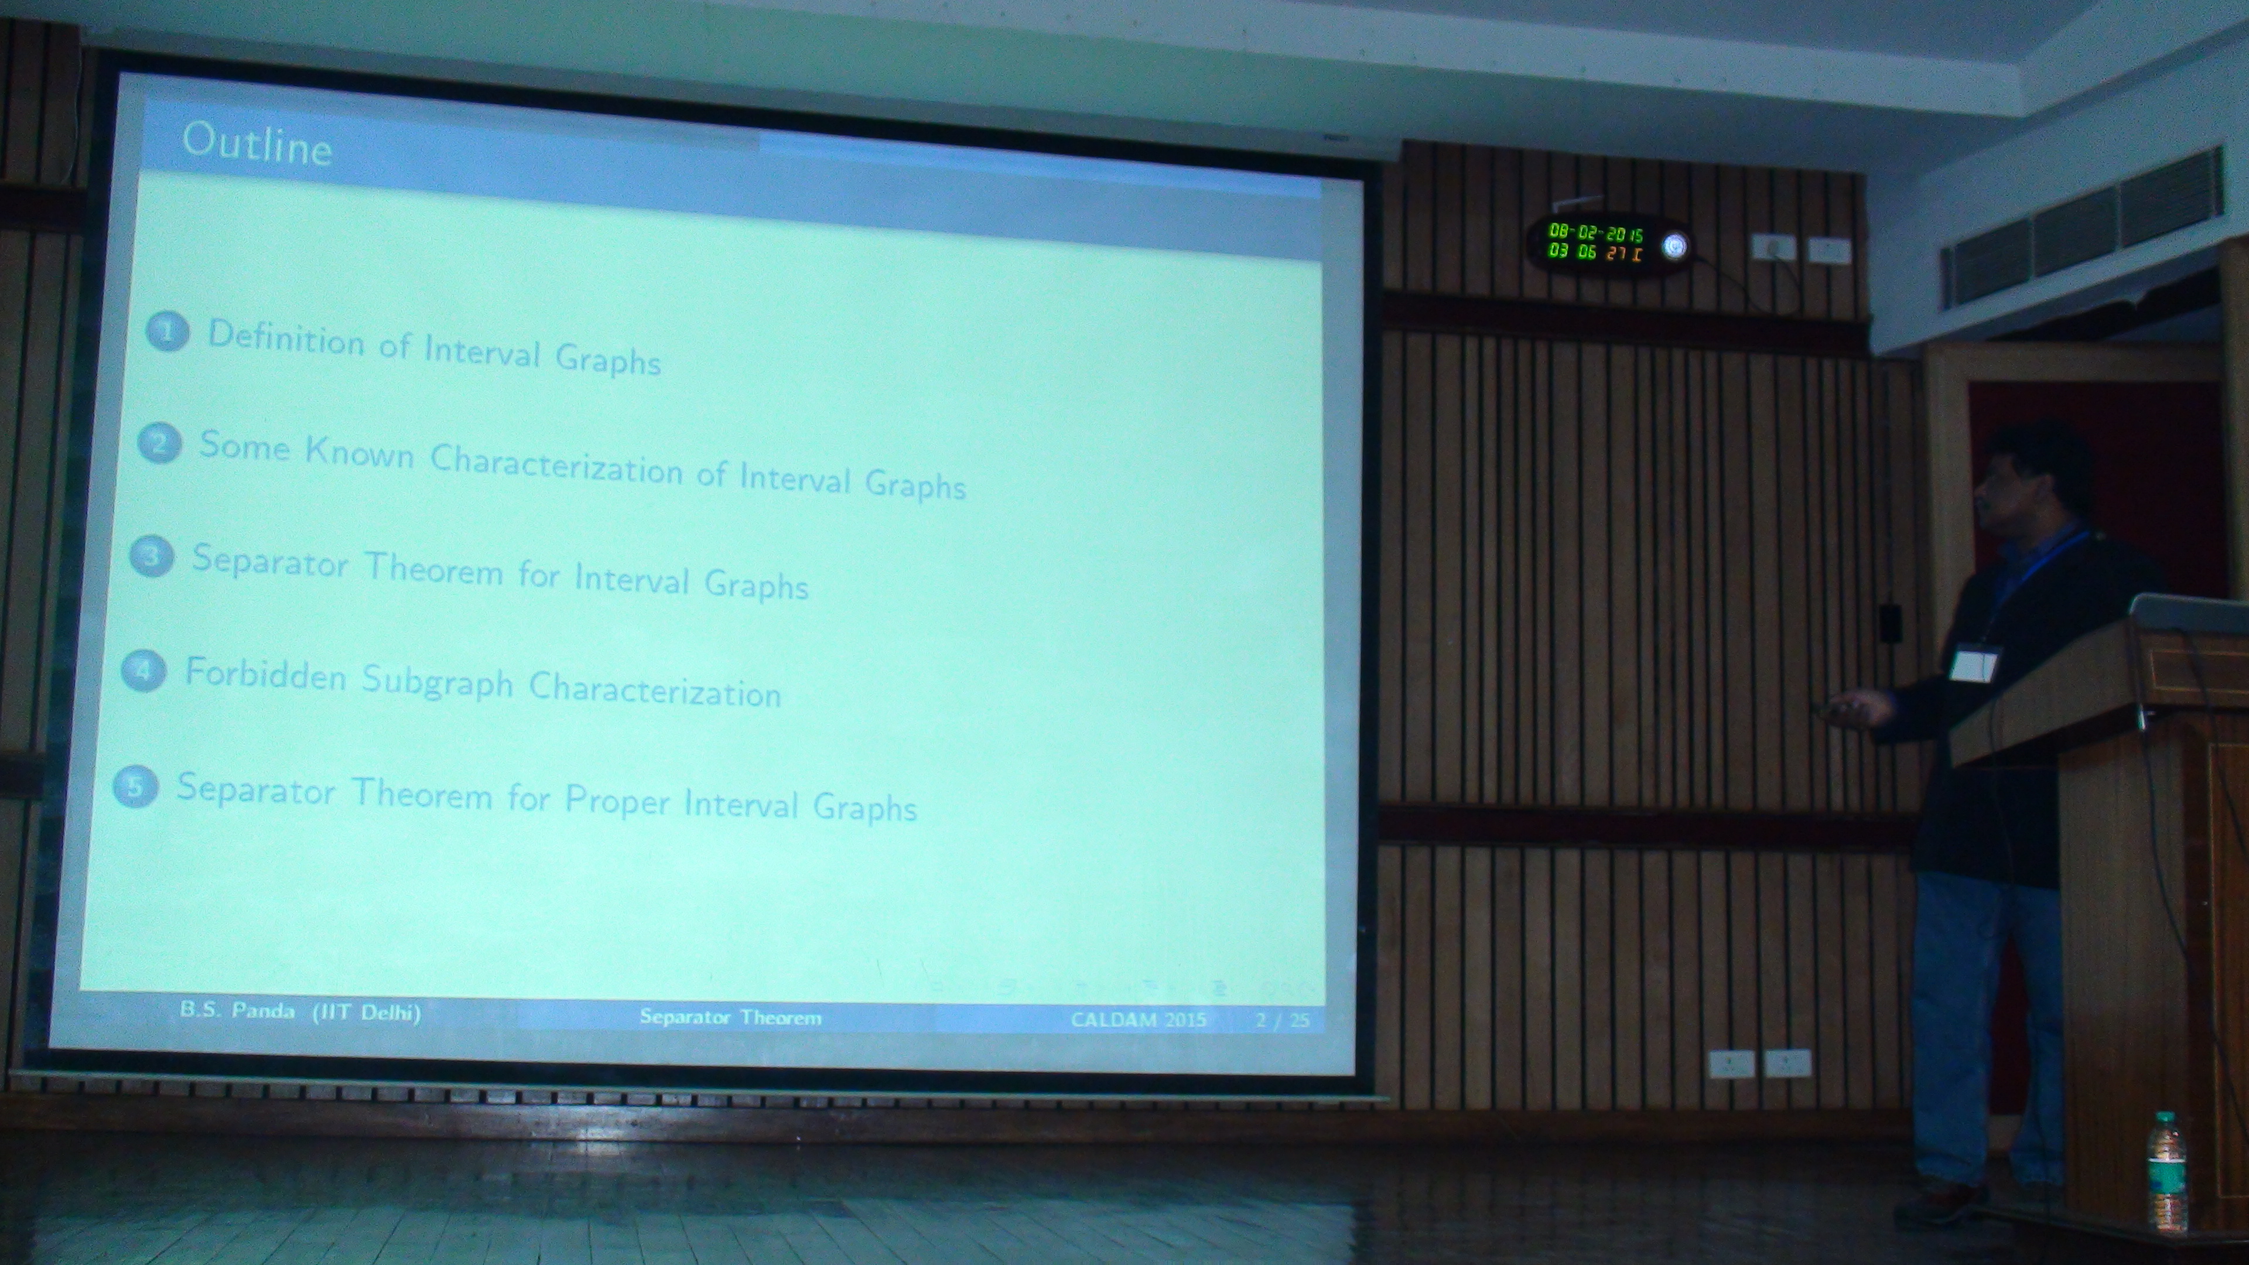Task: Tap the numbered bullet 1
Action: coord(167,331)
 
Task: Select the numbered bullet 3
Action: coord(151,556)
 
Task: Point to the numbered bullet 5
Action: coord(135,787)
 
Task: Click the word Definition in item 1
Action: coord(285,338)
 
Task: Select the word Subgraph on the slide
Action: coord(438,682)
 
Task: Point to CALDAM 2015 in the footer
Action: coord(1139,1019)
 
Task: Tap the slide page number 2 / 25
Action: coord(1283,1020)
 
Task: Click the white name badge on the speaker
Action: coord(1974,664)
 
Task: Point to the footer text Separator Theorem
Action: coord(730,1017)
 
